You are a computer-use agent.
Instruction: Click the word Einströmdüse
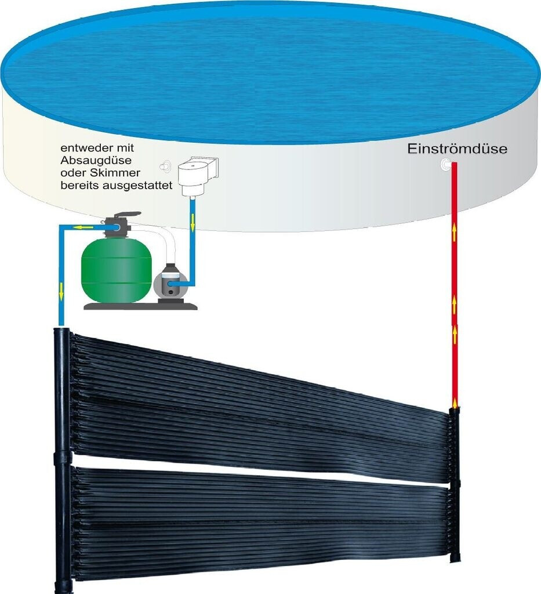coord(457,149)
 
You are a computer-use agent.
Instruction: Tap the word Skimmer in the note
coord(119,173)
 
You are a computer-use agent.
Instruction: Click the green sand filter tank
coord(116,268)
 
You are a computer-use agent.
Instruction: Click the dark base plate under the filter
coord(140,305)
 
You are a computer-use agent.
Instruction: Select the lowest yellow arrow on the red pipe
coord(454,403)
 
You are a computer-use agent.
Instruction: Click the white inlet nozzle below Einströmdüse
coord(447,165)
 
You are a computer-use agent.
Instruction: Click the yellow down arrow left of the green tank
coord(60,289)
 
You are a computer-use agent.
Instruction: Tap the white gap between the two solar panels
coord(255,466)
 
